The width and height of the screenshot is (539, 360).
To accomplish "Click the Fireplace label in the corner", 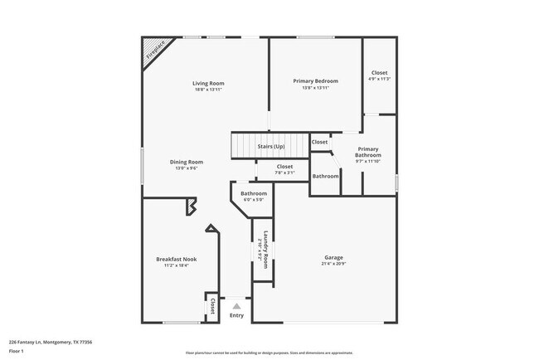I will pos(155,51).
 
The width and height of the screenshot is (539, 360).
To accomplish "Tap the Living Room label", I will pos(208,83).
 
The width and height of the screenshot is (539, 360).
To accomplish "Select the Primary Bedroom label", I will pos(315,80).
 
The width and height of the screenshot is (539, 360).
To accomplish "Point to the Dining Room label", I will pos(187,162).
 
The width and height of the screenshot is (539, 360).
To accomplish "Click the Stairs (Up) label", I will pos(270,147).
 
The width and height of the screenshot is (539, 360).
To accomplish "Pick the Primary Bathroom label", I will pos(368,152).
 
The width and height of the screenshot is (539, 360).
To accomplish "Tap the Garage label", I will pos(333,257).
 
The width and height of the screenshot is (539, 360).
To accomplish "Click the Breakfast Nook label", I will pos(176,259).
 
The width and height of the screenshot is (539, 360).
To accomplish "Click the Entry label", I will pos(236,315).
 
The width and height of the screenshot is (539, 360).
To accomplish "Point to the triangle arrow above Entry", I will pos(236,305).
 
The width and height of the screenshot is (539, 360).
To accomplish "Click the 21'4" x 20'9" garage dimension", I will pos(333,265).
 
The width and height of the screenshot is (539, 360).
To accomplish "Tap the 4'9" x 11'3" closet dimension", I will pos(379,80).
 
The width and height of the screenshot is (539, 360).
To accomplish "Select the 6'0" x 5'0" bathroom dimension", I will pos(253,200).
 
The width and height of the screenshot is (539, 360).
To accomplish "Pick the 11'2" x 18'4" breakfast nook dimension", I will pos(176,265).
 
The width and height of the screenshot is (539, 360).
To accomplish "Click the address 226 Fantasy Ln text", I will pos(51,342).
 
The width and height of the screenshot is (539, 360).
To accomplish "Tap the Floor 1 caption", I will pos(17,352).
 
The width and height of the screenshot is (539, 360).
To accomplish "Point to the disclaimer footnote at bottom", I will pos(269,353).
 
